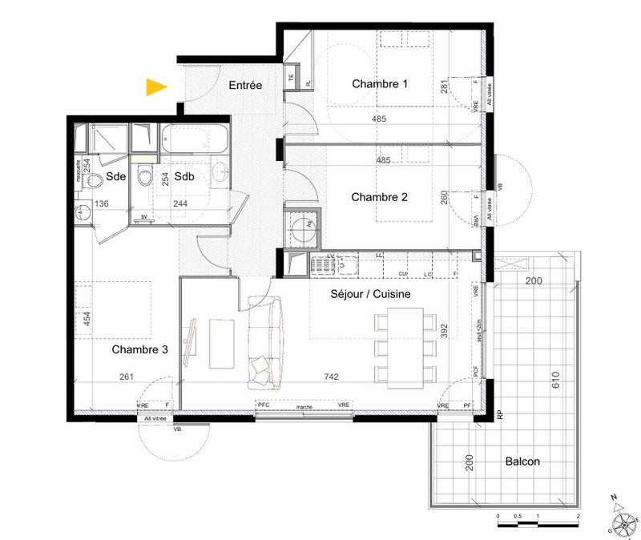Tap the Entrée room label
(244, 85)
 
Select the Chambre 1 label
(380, 84)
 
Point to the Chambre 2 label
(380, 196)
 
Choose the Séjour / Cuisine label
(371, 294)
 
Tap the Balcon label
(522, 461)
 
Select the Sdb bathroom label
(184, 176)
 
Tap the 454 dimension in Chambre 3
(87, 319)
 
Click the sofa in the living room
(266, 341)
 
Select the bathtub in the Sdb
(195, 142)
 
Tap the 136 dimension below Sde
(101, 204)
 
